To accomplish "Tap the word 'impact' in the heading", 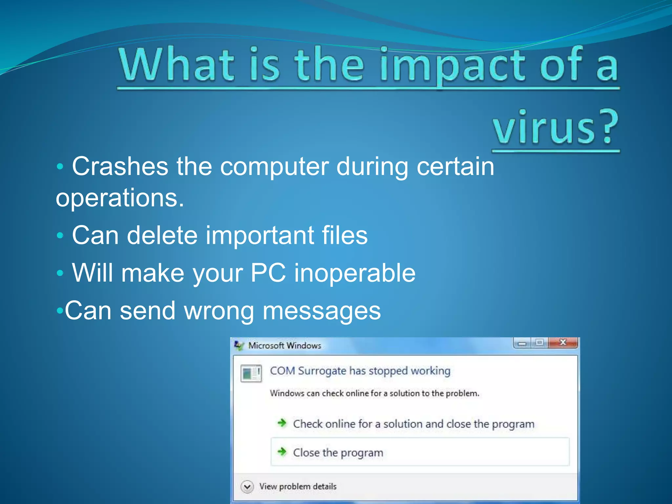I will click(451, 66).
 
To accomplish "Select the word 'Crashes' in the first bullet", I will click(120, 167).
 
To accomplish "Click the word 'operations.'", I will click(120, 199).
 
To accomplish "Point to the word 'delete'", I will click(162, 235).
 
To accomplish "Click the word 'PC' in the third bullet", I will click(268, 273).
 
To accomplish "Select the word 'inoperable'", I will click(355, 273).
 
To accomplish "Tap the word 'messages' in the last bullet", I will click(322, 311).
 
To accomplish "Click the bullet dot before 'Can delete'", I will click(60, 235).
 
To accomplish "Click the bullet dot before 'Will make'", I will click(60, 273).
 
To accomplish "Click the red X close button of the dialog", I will click(563, 343).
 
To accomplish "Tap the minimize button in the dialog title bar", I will click(522, 343).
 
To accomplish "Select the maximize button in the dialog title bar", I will click(539, 343).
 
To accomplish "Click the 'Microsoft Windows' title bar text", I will click(284, 346).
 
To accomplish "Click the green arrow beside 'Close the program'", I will click(282, 452).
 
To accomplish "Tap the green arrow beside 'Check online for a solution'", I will click(282, 423).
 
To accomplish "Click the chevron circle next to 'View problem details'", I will click(247, 487).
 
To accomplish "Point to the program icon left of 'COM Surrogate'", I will click(251, 373).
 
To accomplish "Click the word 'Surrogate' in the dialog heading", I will click(322, 371).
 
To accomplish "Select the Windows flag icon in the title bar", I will click(239, 346).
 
